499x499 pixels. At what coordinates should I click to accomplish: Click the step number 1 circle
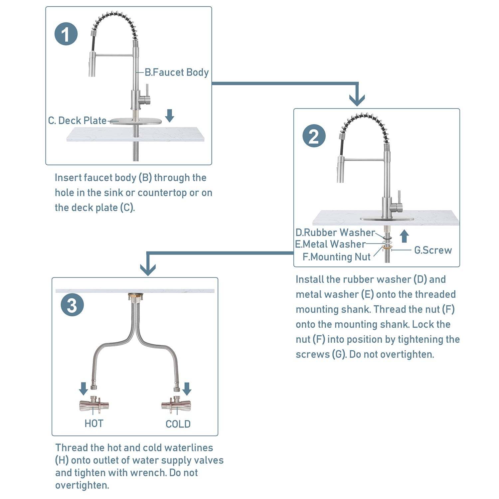click(66, 34)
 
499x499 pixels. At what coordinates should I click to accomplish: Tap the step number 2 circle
click(314, 136)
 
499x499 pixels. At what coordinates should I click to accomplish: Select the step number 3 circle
click(72, 305)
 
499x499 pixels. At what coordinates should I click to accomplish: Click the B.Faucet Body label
click(176, 72)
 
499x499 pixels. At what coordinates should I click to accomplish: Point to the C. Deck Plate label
click(77, 120)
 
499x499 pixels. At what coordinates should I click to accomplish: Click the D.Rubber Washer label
click(335, 232)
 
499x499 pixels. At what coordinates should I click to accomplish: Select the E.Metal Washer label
click(330, 244)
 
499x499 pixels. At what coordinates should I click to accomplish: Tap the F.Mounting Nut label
click(336, 257)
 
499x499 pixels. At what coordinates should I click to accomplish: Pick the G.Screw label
click(433, 250)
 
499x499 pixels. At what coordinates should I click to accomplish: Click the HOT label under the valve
click(94, 423)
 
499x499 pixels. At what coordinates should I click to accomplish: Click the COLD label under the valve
click(178, 424)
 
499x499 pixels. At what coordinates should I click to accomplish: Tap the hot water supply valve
click(94, 405)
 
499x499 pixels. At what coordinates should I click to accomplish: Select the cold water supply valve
click(176, 405)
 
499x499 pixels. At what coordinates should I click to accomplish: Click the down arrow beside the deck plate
click(170, 115)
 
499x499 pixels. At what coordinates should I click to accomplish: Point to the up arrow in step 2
click(404, 236)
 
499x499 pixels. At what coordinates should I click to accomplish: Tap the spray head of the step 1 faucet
click(92, 64)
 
